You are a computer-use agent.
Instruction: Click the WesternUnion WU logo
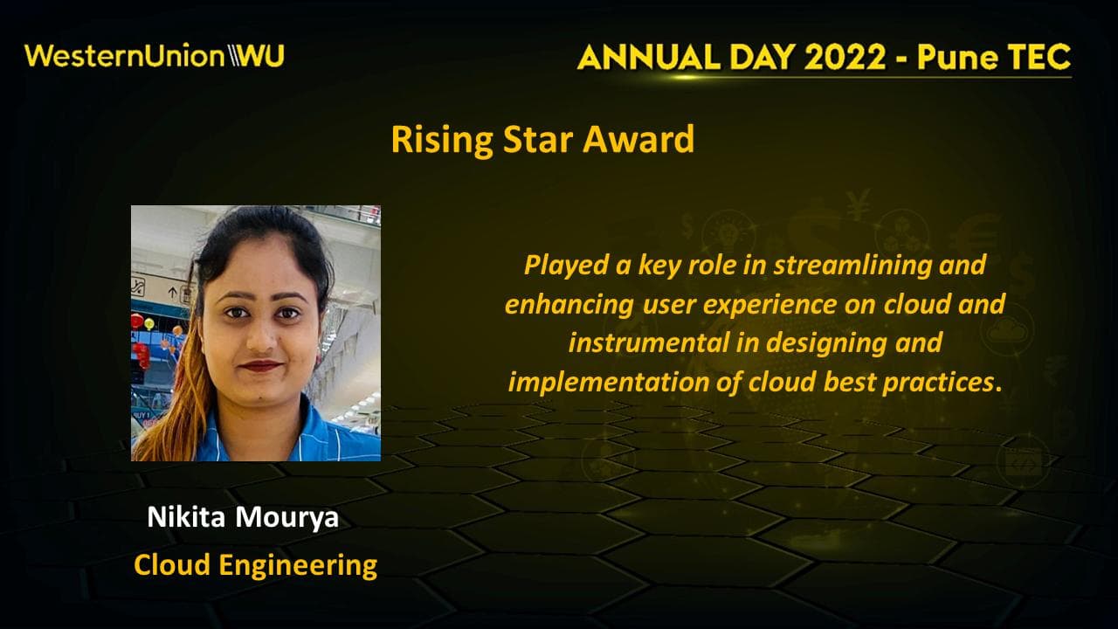155,56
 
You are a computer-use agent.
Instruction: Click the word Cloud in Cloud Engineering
172,565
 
